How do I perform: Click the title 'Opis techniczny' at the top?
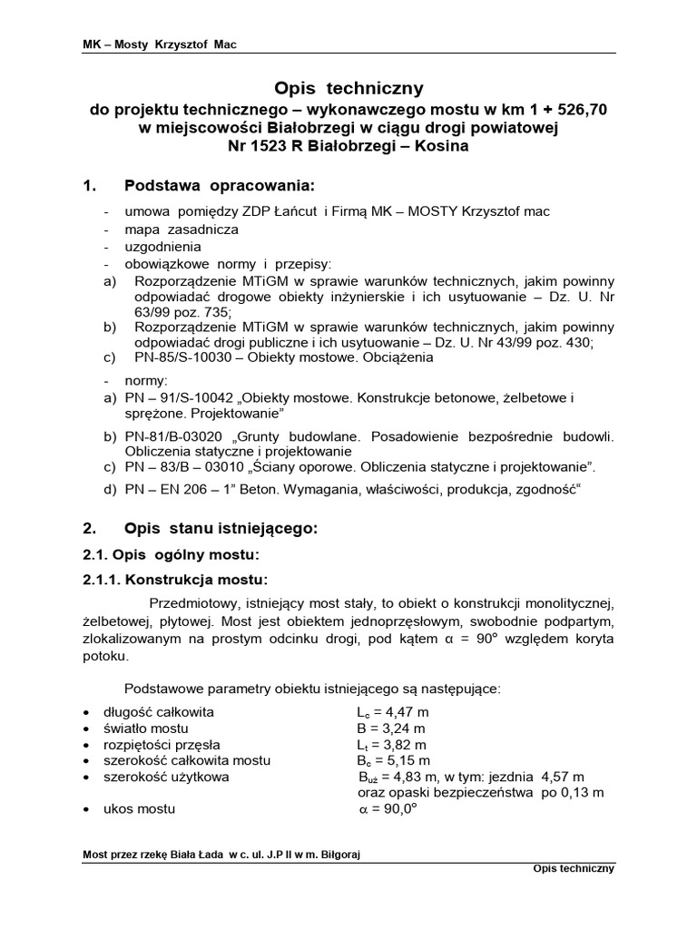[348, 88]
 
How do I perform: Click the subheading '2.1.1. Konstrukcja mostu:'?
[174, 579]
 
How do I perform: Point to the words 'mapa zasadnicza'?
[169, 230]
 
